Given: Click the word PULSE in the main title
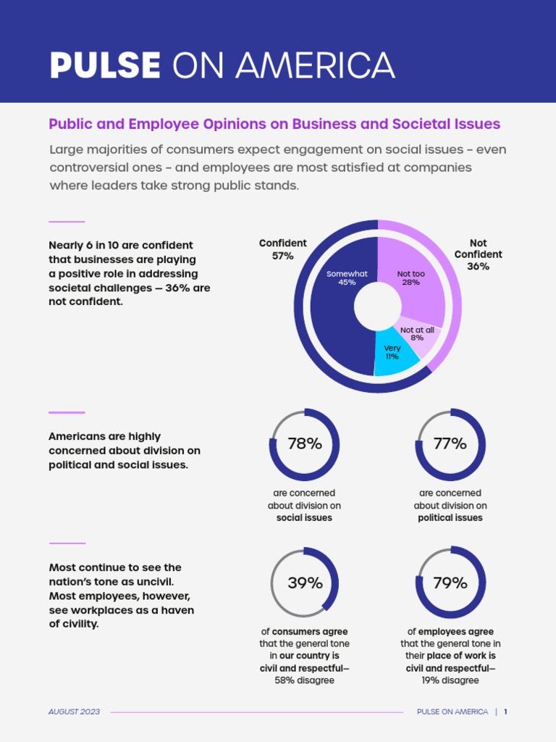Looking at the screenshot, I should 105,66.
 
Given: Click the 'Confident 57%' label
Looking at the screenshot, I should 283,249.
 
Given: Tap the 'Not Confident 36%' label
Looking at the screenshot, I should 478,254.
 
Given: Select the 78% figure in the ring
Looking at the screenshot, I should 305,444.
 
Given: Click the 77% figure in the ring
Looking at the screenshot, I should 450,444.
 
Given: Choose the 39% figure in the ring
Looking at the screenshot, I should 305,583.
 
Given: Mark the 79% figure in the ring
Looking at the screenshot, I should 450,583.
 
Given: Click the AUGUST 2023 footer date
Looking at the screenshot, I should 75,712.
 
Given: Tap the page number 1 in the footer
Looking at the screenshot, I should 505,712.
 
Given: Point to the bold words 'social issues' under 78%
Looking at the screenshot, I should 305,518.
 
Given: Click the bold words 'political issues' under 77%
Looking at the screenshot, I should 450,518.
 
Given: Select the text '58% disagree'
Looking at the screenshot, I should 305,680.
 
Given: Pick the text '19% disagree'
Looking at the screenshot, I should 450,680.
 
